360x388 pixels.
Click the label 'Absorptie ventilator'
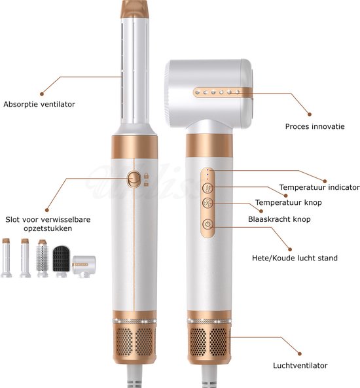(x=39, y=104)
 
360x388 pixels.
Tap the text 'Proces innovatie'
(x=314, y=126)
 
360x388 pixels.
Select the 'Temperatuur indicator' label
(x=319, y=187)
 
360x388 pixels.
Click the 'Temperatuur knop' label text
(x=289, y=203)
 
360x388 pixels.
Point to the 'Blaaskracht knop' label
(x=279, y=219)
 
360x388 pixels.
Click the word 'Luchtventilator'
(x=300, y=365)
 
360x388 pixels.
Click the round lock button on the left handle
(x=133, y=178)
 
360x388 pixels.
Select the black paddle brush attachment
(x=62, y=260)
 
